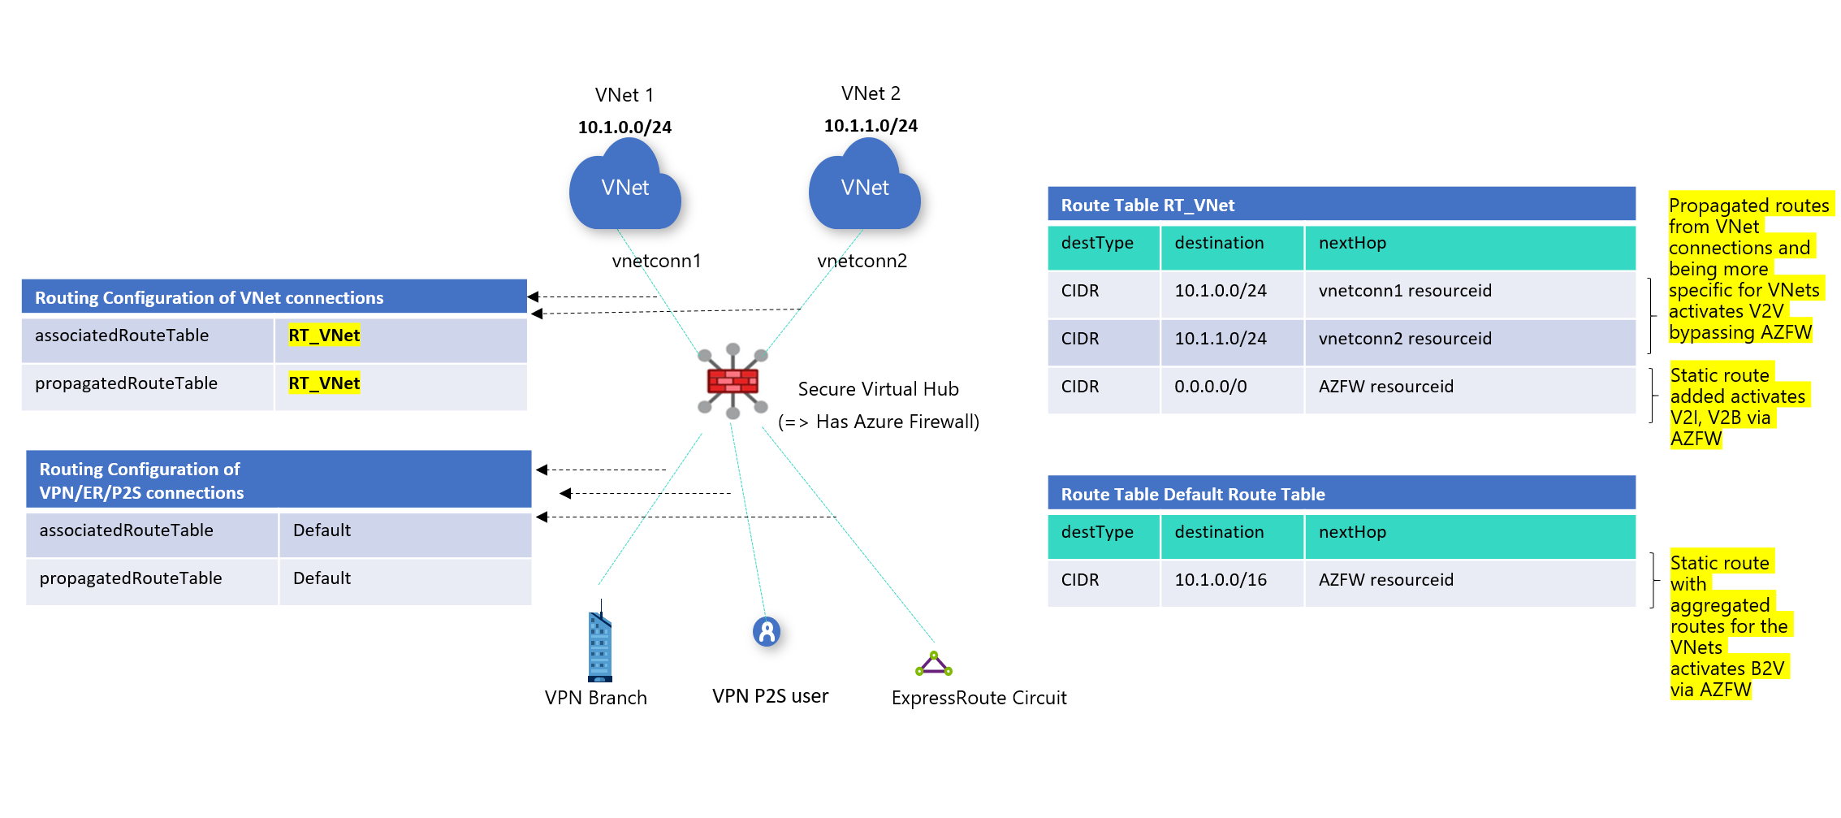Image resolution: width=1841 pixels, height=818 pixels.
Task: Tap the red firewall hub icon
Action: pyautogui.click(x=733, y=380)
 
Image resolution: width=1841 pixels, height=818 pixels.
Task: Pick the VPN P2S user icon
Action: pyautogui.click(x=766, y=631)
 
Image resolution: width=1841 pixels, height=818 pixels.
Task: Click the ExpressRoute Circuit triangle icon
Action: pyautogui.click(x=934, y=664)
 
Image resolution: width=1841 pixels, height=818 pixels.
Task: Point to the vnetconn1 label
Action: pyautogui.click(x=656, y=261)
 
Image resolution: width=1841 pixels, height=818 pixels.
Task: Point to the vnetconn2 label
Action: pyautogui.click(x=862, y=261)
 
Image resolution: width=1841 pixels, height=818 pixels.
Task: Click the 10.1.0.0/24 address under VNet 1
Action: pyautogui.click(x=624, y=128)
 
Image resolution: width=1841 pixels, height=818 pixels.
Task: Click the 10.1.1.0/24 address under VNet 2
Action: pyautogui.click(x=871, y=126)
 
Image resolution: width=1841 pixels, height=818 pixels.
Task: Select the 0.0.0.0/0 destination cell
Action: pyautogui.click(x=1210, y=387)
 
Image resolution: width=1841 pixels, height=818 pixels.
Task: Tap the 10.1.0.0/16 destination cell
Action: pyautogui.click(x=1220, y=580)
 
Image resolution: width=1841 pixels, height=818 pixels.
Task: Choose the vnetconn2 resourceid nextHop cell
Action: pyautogui.click(x=1405, y=339)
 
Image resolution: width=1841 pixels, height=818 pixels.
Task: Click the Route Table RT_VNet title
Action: pyautogui.click(x=1147, y=206)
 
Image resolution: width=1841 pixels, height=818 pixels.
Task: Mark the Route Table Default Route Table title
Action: pyautogui.click(x=1192, y=495)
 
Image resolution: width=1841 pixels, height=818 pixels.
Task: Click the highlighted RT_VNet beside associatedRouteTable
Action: pyautogui.click(x=324, y=335)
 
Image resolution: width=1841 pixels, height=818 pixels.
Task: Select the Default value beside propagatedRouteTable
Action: pyautogui.click(x=322, y=578)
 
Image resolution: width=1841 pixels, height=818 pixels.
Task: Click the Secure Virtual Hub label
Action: pyautogui.click(x=878, y=389)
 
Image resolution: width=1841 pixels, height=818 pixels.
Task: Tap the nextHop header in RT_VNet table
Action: pyautogui.click(x=1352, y=243)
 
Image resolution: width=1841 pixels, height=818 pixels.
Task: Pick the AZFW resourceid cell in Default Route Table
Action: pyautogui.click(x=1385, y=580)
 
